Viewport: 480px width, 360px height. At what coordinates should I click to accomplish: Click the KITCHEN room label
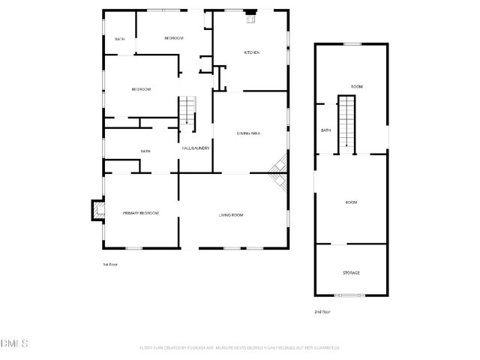pos(252,52)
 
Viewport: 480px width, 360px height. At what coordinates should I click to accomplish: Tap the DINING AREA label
pos(248,133)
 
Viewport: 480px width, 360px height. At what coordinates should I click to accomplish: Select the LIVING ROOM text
pos(231,215)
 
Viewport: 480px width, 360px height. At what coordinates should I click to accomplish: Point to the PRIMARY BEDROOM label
pos(141,214)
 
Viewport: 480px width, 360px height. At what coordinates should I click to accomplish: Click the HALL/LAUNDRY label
pos(195,148)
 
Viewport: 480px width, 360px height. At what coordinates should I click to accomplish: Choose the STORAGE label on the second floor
pos(351,272)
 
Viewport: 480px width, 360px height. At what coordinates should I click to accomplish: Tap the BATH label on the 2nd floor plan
pos(326,130)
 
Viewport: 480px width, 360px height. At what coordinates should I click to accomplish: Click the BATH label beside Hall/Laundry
pos(145,151)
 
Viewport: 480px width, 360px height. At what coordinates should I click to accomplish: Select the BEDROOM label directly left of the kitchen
pos(174,38)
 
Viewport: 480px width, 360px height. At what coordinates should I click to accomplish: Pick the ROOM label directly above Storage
pos(351,202)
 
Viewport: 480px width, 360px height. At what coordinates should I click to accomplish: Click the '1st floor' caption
pos(110,265)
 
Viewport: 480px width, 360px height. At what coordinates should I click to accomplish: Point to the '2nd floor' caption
pos(322,311)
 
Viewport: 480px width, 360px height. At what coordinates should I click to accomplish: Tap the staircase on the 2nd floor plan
pos(346,123)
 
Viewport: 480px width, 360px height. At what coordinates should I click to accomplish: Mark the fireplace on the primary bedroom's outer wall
pos(97,211)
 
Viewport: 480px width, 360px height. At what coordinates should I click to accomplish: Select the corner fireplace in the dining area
pos(279,172)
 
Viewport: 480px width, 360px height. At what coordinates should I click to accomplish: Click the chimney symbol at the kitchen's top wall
pos(252,16)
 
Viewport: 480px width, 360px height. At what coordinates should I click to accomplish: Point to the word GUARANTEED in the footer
pos(325,348)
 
